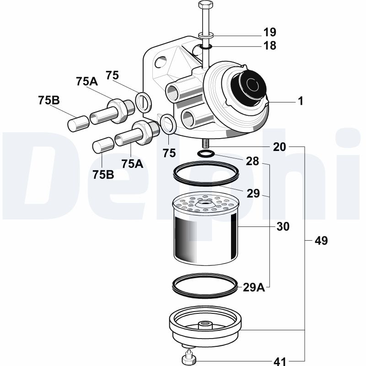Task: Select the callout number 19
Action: tap(270, 32)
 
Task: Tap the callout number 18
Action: tap(270, 45)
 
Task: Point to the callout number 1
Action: tap(301, 101)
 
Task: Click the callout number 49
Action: tap(321, 241)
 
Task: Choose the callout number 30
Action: tap(283, 226)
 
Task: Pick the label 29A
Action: tap(254, 287)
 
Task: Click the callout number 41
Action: tap(280, 361)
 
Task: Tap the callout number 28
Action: tap(253, 161)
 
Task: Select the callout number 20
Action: tap(280, 147)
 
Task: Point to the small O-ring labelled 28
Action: tap(205, 154)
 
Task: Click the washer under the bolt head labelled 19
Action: tap(206, 36)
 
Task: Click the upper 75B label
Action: tap(49, 100)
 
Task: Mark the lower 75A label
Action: tap(132, 164)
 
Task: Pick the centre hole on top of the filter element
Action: tap(205, 202)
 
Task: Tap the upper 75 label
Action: tap(112, 75)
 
